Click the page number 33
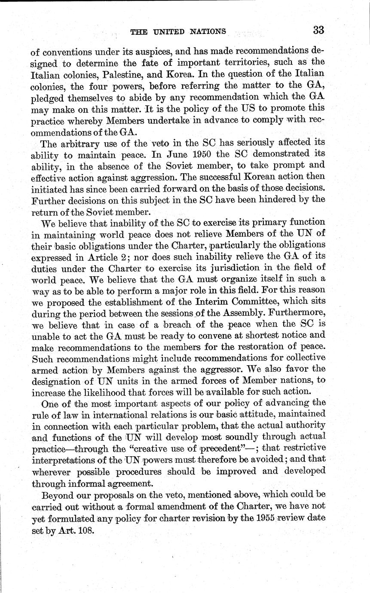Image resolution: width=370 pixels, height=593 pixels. (319, 30)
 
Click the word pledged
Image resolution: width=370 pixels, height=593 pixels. (46, 98)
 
